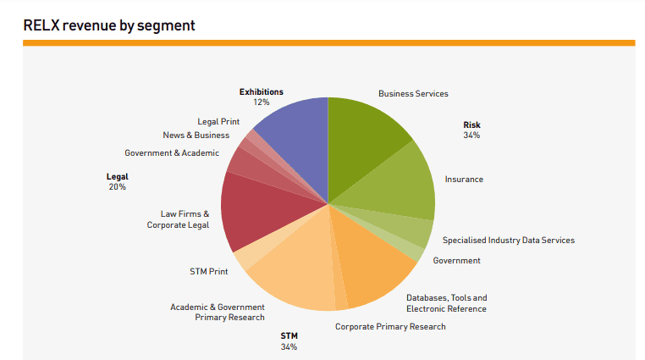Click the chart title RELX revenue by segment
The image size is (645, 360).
pos(109,25)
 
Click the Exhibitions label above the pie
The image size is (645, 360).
pos(261,91)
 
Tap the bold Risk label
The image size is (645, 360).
pos(471,125)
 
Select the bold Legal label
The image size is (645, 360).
pos(117,176)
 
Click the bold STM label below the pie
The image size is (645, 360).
pos(289,336)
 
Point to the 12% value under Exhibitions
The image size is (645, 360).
pos(261,102)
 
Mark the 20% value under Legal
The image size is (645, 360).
pos(117,186)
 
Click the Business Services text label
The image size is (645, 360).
pos(413,93)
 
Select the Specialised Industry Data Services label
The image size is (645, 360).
pos(508,240)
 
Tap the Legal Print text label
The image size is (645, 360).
pos(218,122)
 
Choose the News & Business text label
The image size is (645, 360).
pos(196,135)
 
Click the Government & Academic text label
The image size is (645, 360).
pos(172,153)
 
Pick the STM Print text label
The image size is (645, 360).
pos(208,272)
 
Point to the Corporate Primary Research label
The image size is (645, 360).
pos(390,326)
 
